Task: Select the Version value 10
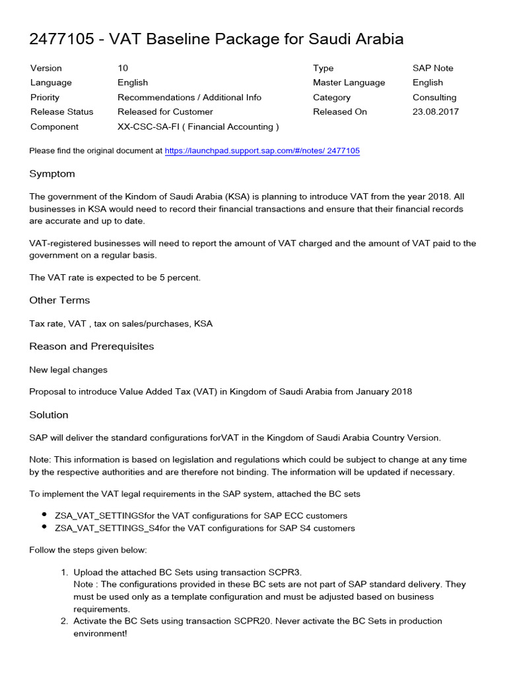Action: (x=123, y=68)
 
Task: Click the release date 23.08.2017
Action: (x=436, y=111)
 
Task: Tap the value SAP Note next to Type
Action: (x=433, y=68)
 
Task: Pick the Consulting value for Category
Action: (x=434, y=97)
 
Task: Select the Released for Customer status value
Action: (x=165, y=111)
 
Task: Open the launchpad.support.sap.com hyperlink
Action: (x=262, y=151)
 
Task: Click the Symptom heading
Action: (x=52, y=174)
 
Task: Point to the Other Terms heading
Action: (x=59, y=300)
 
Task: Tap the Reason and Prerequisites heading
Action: (x=91, y=346)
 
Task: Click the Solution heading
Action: (x=49, y=415)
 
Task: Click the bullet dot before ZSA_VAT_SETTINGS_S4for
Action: (x=44, y=527)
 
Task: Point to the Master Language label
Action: (x=349, y=82)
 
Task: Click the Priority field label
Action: (x=45, y=97)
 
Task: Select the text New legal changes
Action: (x=68, y=370)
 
